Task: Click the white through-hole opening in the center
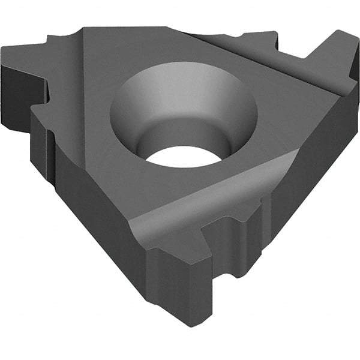pos(184,157)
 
